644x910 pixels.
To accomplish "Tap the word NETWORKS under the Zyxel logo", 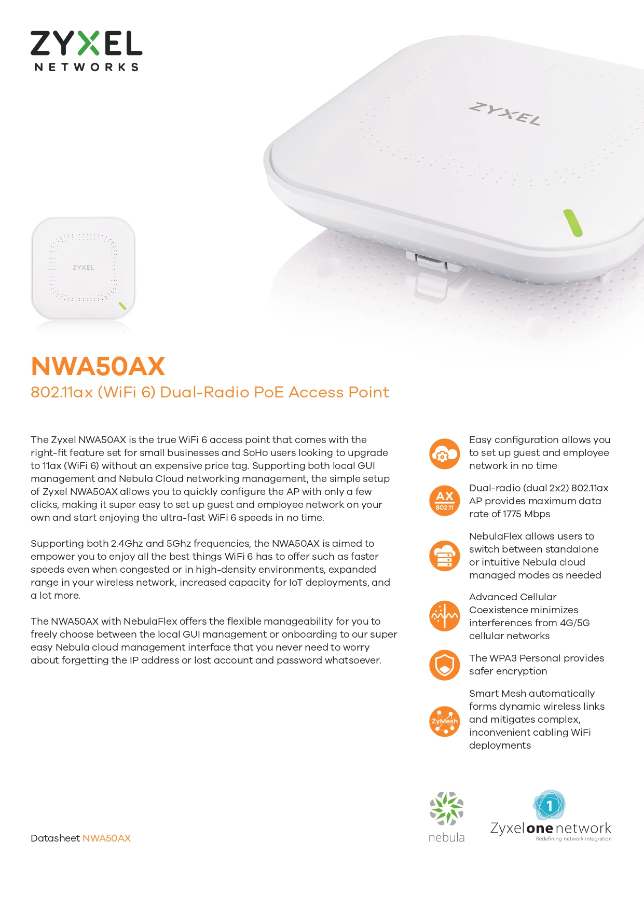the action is [87, 67].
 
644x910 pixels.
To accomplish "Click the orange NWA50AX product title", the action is [98, 366].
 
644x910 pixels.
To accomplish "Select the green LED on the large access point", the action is [573, 223].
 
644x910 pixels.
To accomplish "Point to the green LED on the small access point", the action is [122, 306].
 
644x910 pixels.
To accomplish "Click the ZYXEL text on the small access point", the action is [83, 268].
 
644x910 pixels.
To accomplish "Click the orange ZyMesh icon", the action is [445, 721].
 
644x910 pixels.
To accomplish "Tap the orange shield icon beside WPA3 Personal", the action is [445, 665].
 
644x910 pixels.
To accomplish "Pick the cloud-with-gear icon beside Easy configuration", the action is [445, 453].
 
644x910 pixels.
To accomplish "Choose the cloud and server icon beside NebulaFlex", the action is [445, 556].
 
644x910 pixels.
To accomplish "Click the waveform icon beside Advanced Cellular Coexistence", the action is [445, 616].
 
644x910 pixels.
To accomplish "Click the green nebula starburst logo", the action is [446, 808].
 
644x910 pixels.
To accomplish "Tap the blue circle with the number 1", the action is [549, 806].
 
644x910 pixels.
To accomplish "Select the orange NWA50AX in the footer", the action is [106, 838].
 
